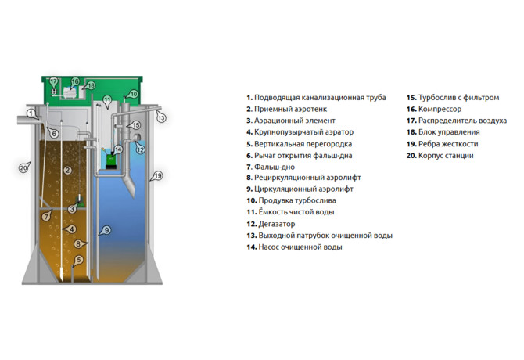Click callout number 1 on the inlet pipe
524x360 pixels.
click(x=31, y=113)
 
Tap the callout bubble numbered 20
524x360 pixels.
click(x=23, y=167)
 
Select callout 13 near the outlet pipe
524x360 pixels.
click(x=161, y=117)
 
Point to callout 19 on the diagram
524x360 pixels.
click(x=158, y=175)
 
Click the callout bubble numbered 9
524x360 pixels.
click(x=106, y=230)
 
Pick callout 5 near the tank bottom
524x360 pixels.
click(x=78, y=260)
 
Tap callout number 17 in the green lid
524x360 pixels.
click(x=53, y=81)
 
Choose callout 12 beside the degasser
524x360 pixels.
click(x=140, y=149)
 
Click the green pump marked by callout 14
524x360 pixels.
click(x=109, y=160)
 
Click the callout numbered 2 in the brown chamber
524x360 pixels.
click(x=67, y=170)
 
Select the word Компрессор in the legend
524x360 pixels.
click(x=440, y=109)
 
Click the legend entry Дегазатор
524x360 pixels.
click(x=277, y=224)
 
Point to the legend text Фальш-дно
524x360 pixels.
click(x=275, y=167)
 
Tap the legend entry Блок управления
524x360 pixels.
click(x=449, y=132)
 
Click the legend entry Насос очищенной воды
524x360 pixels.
click(x=300, y=247)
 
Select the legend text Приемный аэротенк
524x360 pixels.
click(x=290, y=109)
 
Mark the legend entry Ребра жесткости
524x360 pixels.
click(x=448, y=144)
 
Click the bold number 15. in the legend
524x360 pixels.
click(x=411, y=98)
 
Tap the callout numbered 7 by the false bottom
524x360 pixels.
click(x=46, y=217)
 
